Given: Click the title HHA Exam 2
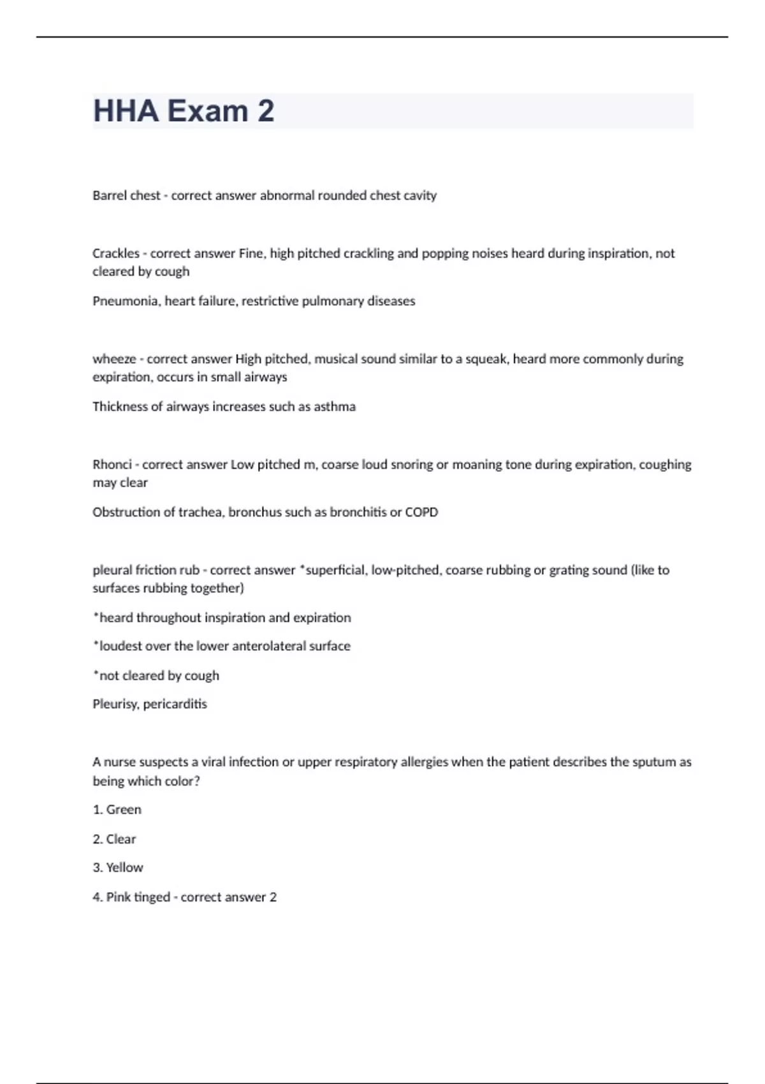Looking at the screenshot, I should pos(184,111).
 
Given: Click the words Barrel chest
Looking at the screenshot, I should pos(126,196).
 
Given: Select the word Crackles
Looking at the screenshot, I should pos(115,253).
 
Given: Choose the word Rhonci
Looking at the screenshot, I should pos(112,465).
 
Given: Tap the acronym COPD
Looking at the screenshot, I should pos(421,512).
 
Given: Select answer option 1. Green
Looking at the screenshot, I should pos(117,810).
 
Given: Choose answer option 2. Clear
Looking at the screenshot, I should pos(115,839).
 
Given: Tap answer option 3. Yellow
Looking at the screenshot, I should pos(118,868).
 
